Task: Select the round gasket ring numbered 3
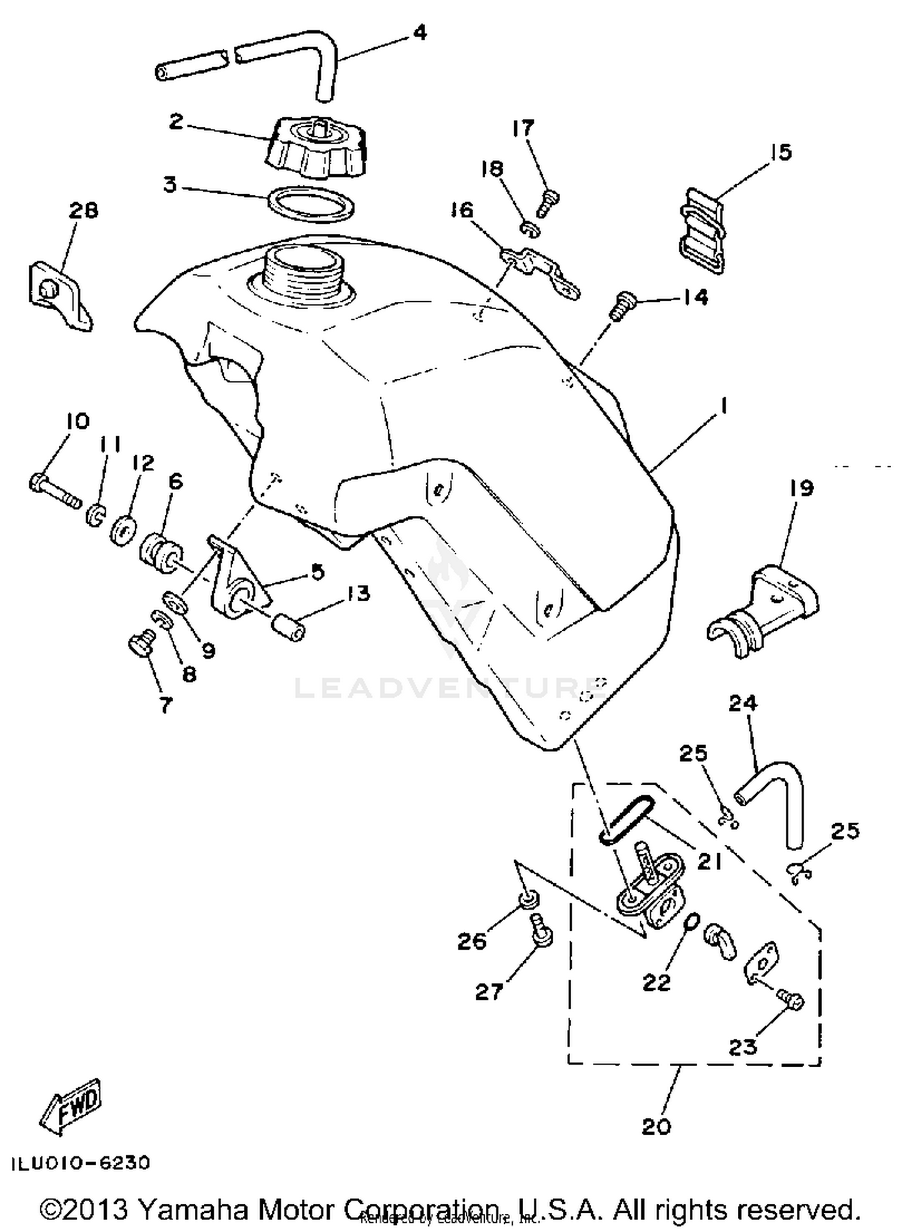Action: (311, 203)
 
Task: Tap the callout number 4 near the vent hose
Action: (420, 33)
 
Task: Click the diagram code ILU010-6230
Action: (81, 1163)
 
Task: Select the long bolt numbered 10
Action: (54, 490)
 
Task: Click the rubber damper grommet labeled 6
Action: (161, 549)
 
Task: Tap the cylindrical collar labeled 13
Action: (287, 627)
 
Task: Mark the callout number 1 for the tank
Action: (724, 407)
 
